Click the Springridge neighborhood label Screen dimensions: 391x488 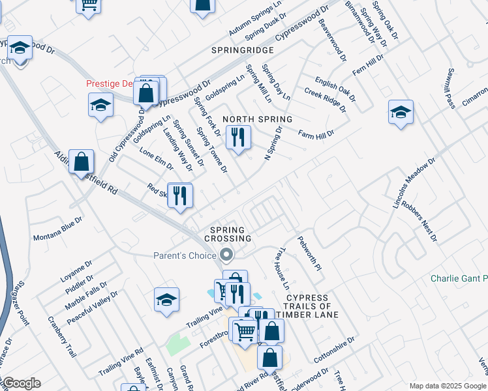click(242, 50)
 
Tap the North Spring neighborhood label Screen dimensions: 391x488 click(257, 119)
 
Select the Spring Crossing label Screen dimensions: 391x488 click(227, 234)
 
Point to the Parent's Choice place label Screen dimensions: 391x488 click(185, 255)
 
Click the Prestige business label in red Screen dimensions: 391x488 click(112, 83)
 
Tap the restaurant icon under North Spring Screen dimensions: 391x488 click(237, 138)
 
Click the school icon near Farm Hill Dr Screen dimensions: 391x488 click(400, 111)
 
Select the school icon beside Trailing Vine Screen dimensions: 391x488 click(166, 299)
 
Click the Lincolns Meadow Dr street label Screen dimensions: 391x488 click(414, 183)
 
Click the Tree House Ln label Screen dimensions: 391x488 click(282, 268)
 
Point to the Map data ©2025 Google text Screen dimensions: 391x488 click(446, 386)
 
